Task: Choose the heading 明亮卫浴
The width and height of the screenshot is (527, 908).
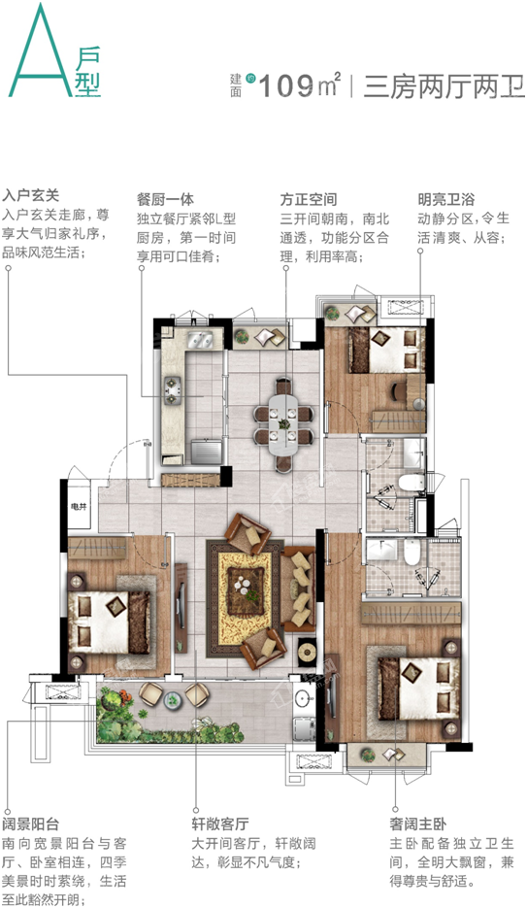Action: click(446, 200)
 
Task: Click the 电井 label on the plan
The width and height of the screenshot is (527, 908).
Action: click(78, 507)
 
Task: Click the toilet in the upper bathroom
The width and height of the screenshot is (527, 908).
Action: click(412, 483)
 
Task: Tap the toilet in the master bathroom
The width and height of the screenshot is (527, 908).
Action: click(412, 552)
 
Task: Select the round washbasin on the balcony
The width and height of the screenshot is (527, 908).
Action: click(303, 699)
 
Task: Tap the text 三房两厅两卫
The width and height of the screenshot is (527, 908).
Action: click(444, 87)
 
